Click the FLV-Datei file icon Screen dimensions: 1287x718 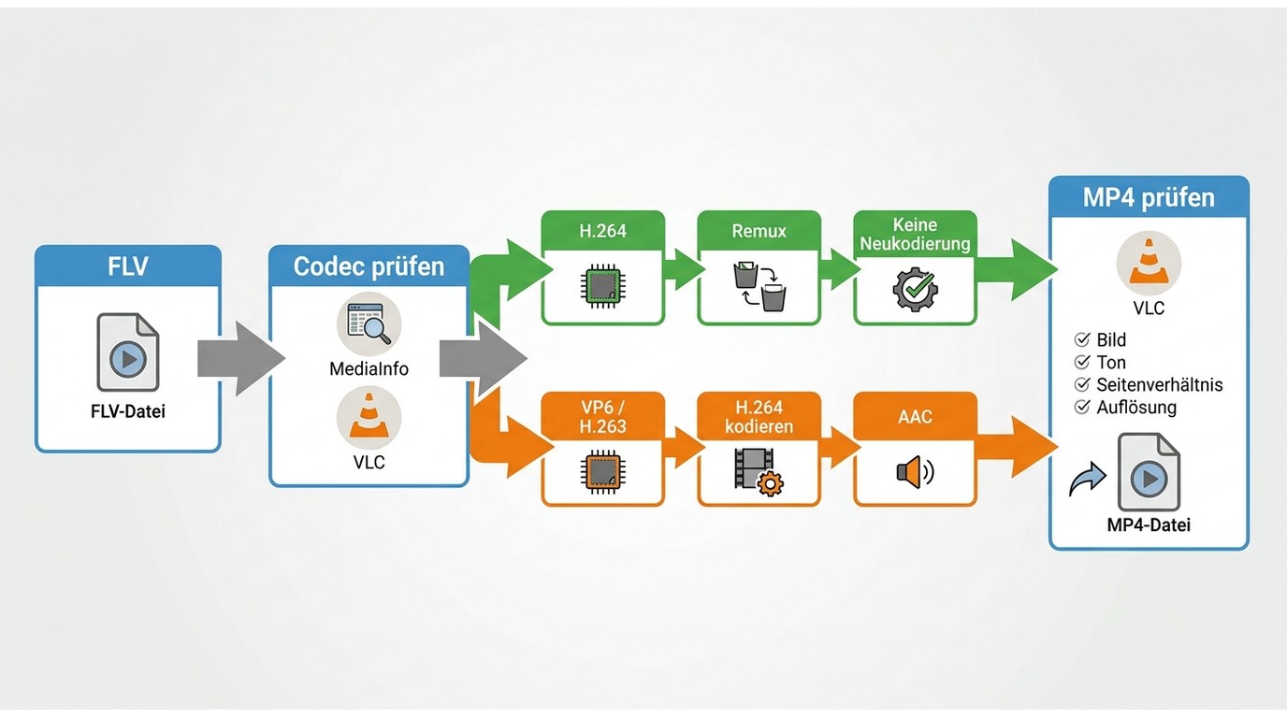127,352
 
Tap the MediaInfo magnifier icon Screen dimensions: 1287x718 369,323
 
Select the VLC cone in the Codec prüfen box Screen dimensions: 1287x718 369,417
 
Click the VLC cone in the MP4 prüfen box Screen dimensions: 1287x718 1149,263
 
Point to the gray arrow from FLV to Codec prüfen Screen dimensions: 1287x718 241,358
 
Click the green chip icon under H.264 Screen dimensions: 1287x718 602,286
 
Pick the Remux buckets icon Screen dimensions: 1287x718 759,286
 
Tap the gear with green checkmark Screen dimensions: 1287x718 916,290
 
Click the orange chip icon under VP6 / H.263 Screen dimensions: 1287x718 602,471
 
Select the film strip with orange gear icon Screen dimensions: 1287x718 759,471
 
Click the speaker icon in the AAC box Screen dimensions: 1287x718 916,471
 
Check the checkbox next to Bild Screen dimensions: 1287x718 1082,339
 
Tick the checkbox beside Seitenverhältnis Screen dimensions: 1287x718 1082,384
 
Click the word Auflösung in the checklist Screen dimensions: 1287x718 1135,408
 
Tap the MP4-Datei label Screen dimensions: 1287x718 1149,524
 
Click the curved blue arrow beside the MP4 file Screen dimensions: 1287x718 1088,479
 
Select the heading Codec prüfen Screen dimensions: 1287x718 369,266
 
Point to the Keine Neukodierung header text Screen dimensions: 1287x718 916,234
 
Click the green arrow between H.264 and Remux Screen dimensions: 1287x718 685,268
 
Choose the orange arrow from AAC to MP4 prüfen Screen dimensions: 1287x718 1017,446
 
